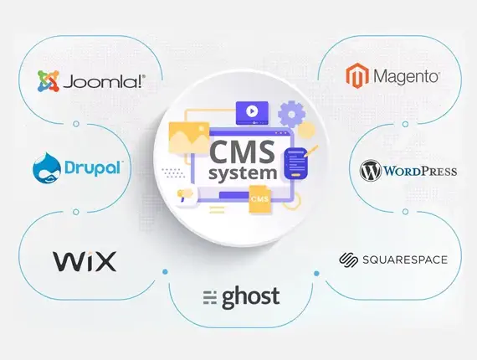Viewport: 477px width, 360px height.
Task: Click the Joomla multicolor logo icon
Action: tap(48, 81)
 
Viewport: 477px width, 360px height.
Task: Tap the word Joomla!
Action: tap(104, 81)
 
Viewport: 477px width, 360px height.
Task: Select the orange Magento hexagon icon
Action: tap(357, 75)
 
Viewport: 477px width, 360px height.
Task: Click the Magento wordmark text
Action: tap(407, 76)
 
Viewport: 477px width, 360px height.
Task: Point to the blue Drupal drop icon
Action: tap(46, 168)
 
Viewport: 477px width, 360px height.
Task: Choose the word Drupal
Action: tap(94, 167)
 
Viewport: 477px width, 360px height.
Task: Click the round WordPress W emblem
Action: tap(370, 171)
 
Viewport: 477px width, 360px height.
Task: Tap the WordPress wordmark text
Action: tap(420, 171)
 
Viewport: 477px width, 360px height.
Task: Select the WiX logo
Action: tap(85, 261)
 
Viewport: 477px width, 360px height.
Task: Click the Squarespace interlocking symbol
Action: tap(349, 260)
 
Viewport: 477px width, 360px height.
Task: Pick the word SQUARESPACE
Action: tap(405, 260)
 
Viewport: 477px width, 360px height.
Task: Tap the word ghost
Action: tap(251, 297)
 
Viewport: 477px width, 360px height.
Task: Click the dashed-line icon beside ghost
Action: tap(209, 297)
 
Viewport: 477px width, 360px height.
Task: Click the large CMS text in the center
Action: tap(242, 152)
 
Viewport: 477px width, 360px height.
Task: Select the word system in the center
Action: tap(243, 173)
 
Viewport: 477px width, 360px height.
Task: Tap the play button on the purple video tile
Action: tap(252, 111)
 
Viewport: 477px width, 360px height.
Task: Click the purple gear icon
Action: tap(291, 114)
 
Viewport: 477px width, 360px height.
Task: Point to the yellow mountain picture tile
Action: tap(189, 137)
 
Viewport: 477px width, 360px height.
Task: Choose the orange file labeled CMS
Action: tap(259, 199)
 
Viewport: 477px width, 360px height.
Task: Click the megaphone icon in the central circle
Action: tap(185, 194)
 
